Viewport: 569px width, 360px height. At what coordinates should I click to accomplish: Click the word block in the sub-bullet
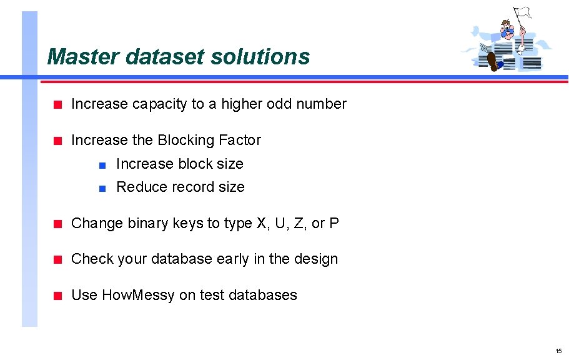point(195,164)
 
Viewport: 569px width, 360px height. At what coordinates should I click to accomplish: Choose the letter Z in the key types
point(300,224)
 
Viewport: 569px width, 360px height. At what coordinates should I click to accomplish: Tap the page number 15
point(558,351)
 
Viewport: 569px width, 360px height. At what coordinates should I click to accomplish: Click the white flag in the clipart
point(522,12)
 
